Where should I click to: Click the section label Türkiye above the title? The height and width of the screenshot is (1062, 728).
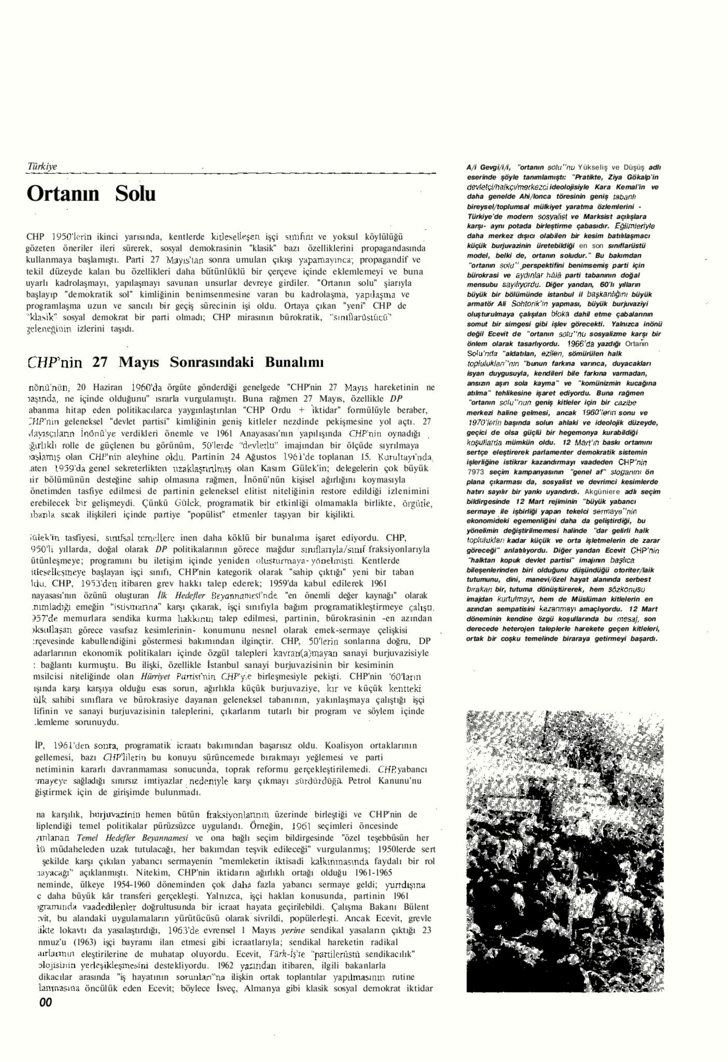42,167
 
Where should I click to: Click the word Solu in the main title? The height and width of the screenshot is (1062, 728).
135,194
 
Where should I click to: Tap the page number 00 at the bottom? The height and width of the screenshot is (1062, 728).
45,1003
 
